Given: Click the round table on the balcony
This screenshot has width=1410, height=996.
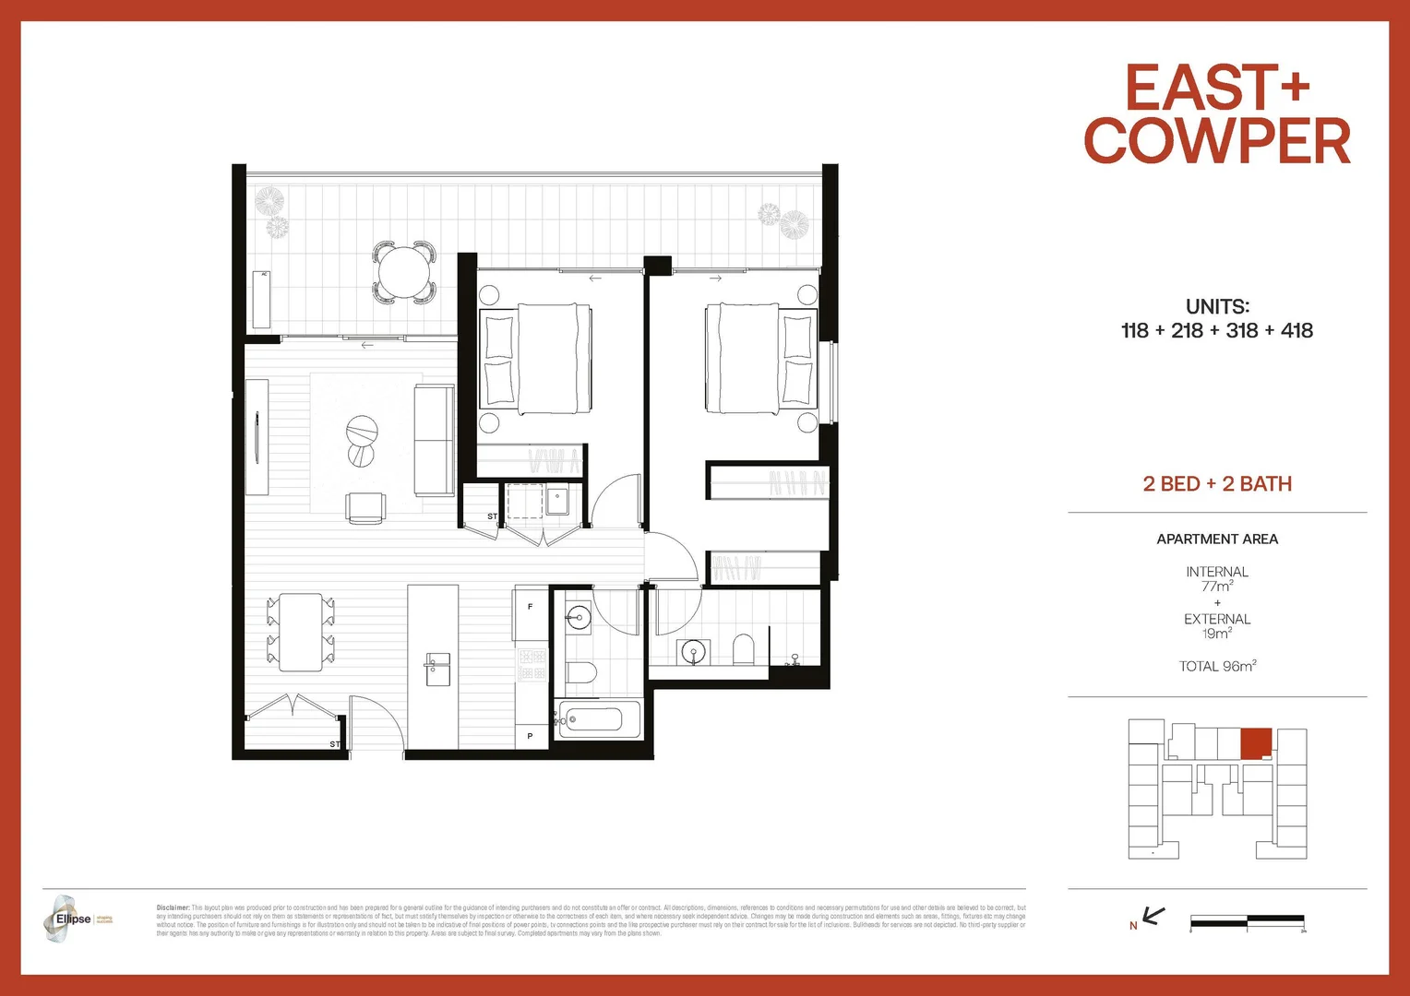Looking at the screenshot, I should click(x=404, y=272).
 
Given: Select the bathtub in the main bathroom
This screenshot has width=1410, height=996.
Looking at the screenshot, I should click(x=599, y=719).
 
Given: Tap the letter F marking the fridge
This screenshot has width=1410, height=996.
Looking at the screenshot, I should click(x=530, y=607).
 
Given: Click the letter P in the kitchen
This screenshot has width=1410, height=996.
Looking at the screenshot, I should click(x=530, y=736).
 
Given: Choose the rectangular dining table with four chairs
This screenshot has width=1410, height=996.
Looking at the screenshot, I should click(x=301, y=632).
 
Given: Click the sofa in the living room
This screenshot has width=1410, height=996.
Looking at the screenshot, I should click(x=434, y=441).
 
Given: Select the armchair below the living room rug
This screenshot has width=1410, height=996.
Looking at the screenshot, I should click(x=366, y=508).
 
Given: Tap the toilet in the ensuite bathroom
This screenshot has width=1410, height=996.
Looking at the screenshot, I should click(x=744, y=650).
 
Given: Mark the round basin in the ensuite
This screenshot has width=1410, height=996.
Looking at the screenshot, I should click(x=693, y=653).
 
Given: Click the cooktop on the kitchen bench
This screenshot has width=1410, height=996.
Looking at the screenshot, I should click(x=532, y=665).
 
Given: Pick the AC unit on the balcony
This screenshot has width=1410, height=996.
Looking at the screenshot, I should click(x=262, y=300).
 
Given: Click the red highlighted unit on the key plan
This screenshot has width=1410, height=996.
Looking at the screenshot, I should click(x=1255, y=743).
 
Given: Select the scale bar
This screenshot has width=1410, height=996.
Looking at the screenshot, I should click(x=1247, y=919).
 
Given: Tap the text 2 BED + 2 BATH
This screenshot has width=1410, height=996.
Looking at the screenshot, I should click(x=1216, y=484).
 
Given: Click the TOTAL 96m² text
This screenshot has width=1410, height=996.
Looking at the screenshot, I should click(x=1216, y=666).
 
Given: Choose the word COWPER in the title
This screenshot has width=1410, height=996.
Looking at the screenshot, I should click(x=1216, y=141).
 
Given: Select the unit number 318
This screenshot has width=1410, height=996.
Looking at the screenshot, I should click(x=1241, y=331).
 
